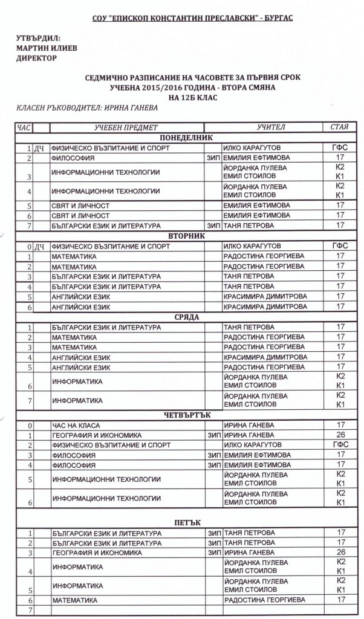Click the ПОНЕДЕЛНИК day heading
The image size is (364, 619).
click(x=181, y=138)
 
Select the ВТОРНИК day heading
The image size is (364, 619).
click(x=181, y=236)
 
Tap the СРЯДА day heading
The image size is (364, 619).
click(x=181, y=317)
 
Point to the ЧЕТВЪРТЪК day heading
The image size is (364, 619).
click(x=181, y=415)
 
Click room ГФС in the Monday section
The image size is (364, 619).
click(x=340, y=147)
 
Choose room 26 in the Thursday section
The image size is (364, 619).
click(x=340, y=435)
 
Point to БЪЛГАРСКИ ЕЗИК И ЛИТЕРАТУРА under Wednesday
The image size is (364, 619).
click(x=106, y=327)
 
